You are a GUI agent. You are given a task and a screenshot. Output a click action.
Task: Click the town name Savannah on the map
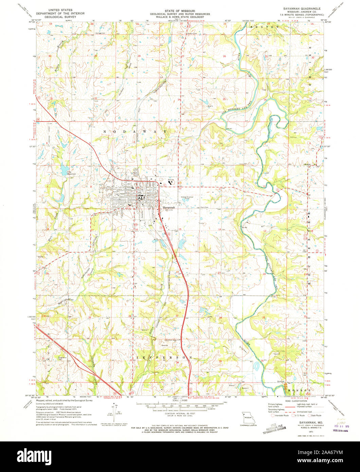point(169,207)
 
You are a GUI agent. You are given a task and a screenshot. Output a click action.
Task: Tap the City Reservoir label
point(64,173)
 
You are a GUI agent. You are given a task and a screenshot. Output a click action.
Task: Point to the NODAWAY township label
point(135,131)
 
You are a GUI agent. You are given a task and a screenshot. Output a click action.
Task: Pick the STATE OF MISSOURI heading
point(180,11)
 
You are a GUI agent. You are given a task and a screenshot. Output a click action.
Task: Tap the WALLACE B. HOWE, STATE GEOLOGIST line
point(180,17)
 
